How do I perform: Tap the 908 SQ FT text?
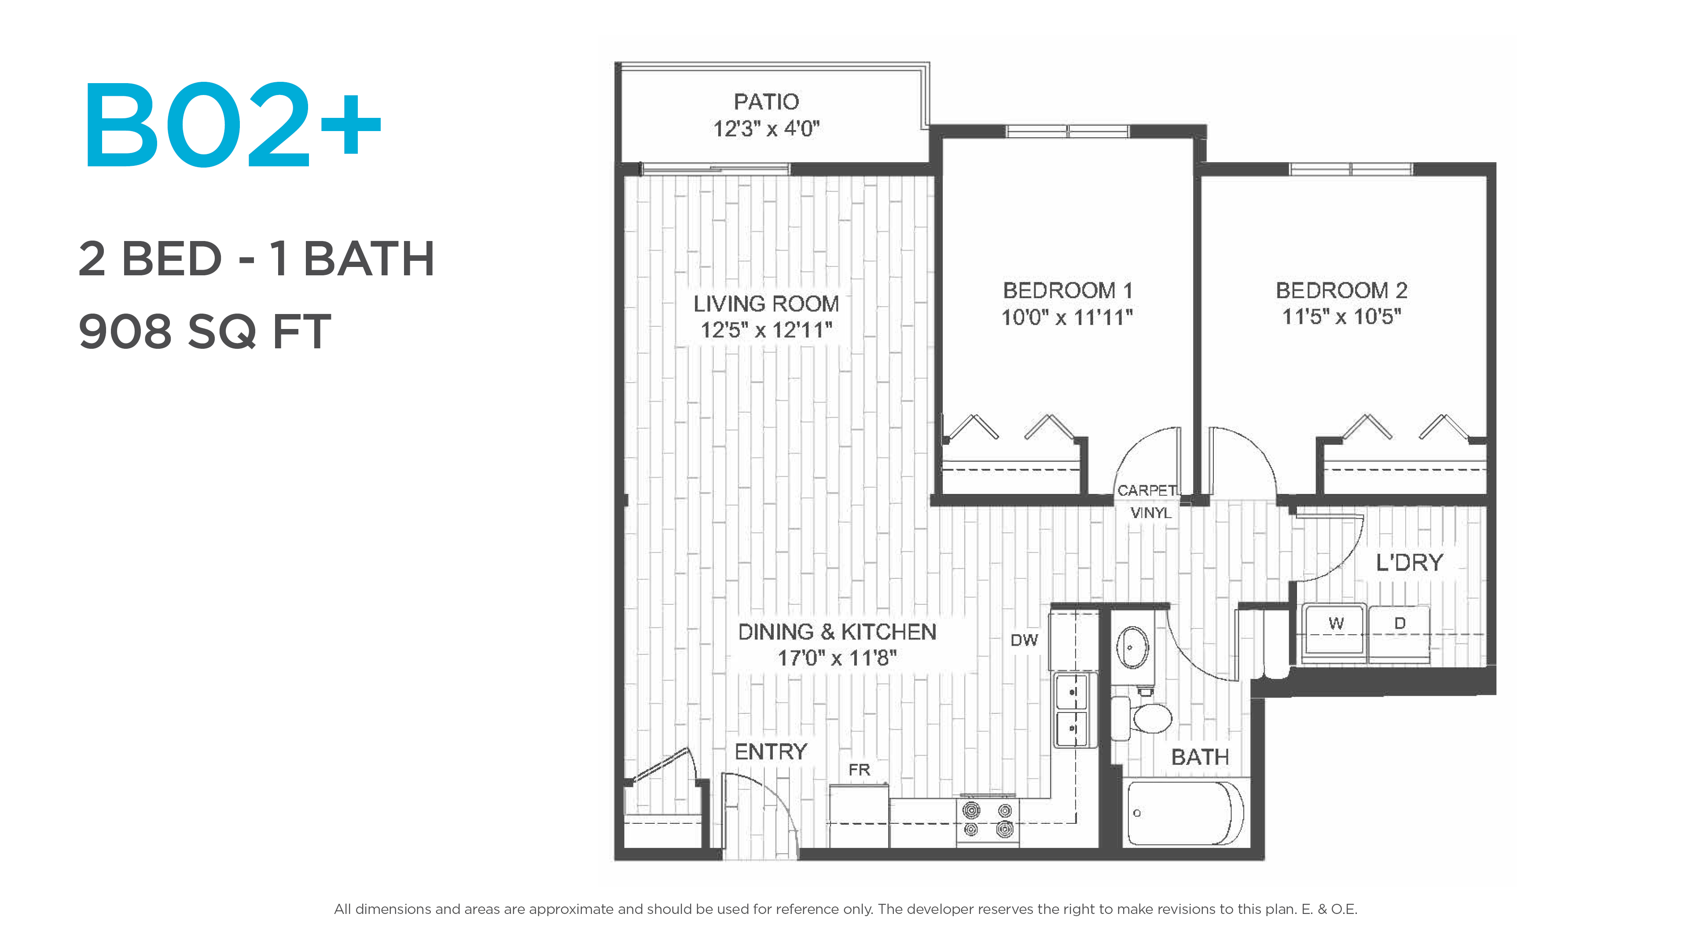pos(205,331)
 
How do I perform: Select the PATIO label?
pos(766,102)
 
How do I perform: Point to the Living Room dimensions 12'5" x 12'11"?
pos(766,330)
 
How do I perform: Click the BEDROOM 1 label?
pos(1067,290)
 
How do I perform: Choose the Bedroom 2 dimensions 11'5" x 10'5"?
pos(1341,317)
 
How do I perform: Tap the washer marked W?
pos(1335,630)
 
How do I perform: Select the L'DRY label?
pos(1409,563)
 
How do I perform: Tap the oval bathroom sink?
pos(1132,647)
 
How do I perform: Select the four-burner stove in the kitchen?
pos(987,821)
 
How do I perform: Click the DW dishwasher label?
pos(1024,640)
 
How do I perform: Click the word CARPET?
pos(1147,490)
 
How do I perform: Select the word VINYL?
pos(1151,513)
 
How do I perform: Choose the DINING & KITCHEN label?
pos(837,632)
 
